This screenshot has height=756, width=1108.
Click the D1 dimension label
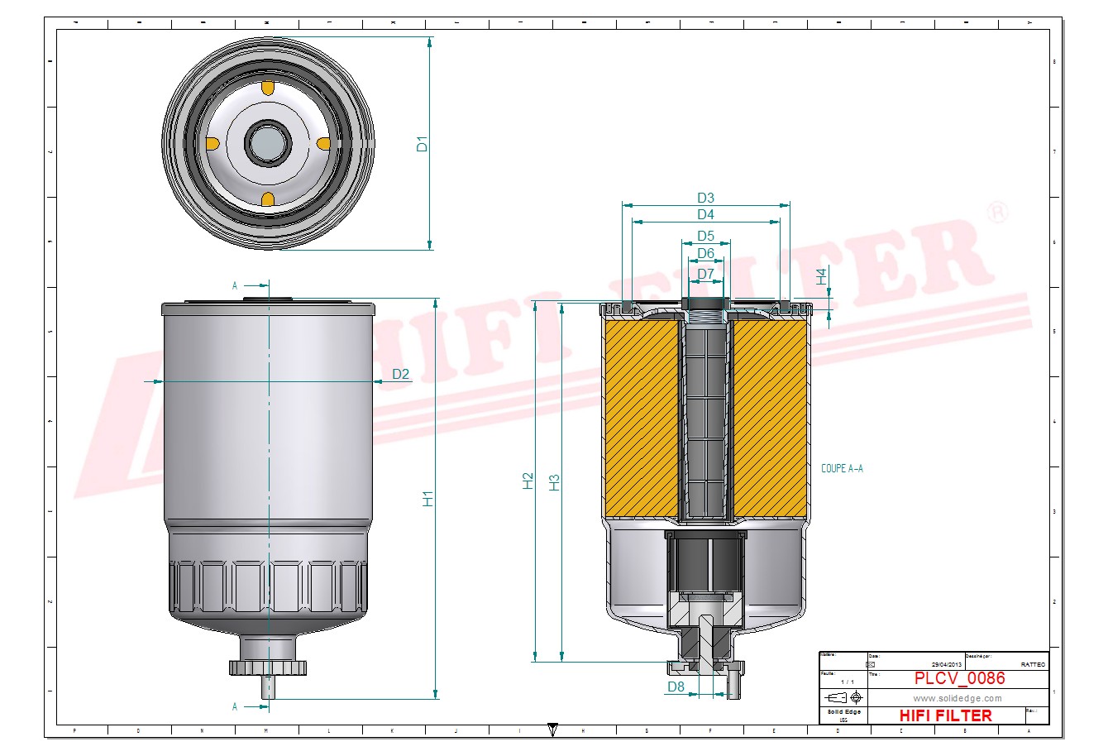[x=423, y=143]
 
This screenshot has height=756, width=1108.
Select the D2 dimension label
[x=400, y=374]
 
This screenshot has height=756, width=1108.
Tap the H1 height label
[x=428, y=499]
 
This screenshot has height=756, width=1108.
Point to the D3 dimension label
[x=705, y=198]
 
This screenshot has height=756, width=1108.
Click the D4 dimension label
[x=705, y=215]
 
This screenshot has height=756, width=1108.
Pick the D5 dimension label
[x=705, y=237]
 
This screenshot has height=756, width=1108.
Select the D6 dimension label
[x=705, y=253]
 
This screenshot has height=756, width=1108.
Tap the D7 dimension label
[x=705, y=274]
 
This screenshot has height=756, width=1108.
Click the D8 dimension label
[x=676, y=687]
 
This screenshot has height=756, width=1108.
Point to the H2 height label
[x=528, y=481]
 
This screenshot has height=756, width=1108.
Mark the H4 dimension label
[x=822, y=276]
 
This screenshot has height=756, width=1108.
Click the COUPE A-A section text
[x=842, y=468]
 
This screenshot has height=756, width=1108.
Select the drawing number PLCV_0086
[x=959, y=678]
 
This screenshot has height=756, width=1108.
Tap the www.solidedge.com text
[x=957, y=699]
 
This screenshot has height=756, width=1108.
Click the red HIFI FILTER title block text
[x=945, y=715]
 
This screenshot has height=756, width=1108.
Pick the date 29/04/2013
[x=947, y=664]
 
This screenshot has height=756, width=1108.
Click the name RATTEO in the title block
[x=1033, y=664]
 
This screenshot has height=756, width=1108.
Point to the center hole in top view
[x=268, y=143]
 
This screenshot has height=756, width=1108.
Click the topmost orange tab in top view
[x=268, y=88]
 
